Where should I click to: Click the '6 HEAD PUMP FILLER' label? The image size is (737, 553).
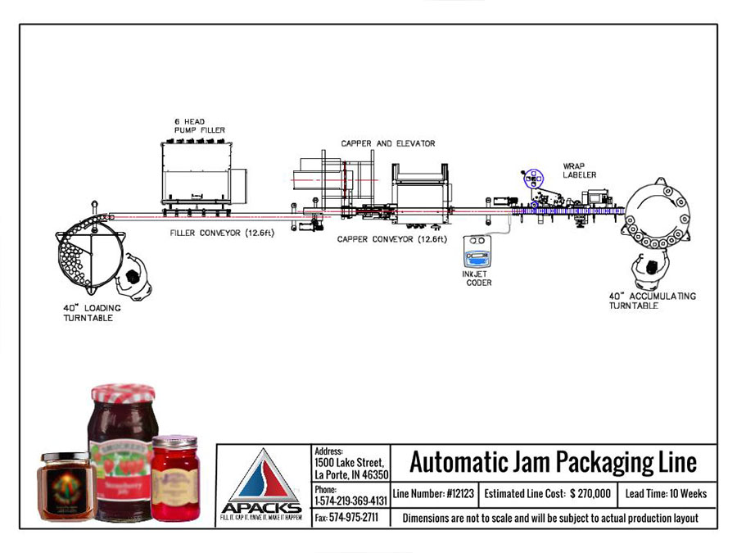click(199, 125)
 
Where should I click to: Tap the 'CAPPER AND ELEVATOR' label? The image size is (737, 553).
click(388, 143)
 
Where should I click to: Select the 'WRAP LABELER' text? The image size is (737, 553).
click(579, 170)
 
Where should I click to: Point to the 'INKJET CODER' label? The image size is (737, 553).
click(476, 279)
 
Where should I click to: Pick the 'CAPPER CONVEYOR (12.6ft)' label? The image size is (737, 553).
click(392, 239)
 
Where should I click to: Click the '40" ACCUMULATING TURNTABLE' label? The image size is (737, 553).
click(652, 300)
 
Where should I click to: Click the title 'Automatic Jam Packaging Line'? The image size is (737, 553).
click(553, 463)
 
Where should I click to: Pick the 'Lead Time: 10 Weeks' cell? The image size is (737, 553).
click(666, 494)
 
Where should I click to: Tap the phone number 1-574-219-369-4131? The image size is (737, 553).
click(350, 500)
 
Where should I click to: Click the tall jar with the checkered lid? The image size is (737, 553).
click(121, 451)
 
